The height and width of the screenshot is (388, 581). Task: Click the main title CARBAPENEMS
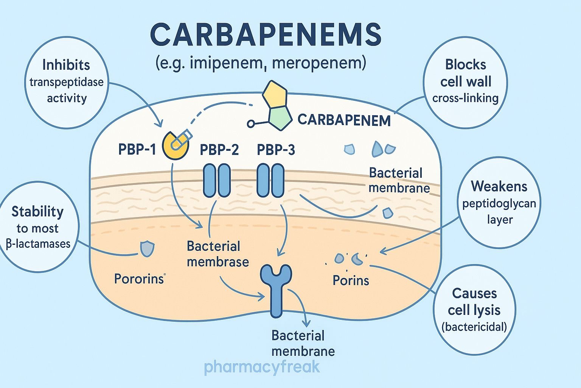[x=266, y=35]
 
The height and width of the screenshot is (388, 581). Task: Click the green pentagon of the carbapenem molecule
[x=280, y=117]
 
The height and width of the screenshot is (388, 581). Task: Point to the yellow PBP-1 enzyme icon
[x=175, y=145]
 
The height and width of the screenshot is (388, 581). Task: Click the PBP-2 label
[x=219, y=150]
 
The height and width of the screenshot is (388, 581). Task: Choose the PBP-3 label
[x=276, y=150]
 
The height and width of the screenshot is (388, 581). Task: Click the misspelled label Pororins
[x=139, y=279]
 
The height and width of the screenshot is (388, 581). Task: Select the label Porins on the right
[x=351, y=280]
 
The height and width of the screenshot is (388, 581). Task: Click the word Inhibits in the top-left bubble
[x=66, y=65]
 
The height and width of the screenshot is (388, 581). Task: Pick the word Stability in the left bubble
[x=37, y=211]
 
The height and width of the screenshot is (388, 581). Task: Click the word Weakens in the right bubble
[x=499, y=186]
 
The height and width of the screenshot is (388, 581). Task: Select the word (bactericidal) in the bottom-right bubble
[x=474, y=327]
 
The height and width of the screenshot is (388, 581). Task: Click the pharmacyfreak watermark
[x=262, y=367]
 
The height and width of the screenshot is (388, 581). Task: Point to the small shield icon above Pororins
[x=147, y=249]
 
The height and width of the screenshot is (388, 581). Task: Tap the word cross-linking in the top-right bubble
[x=465, y=98]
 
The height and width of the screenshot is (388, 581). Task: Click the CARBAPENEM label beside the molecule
[x=344, y=120]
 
